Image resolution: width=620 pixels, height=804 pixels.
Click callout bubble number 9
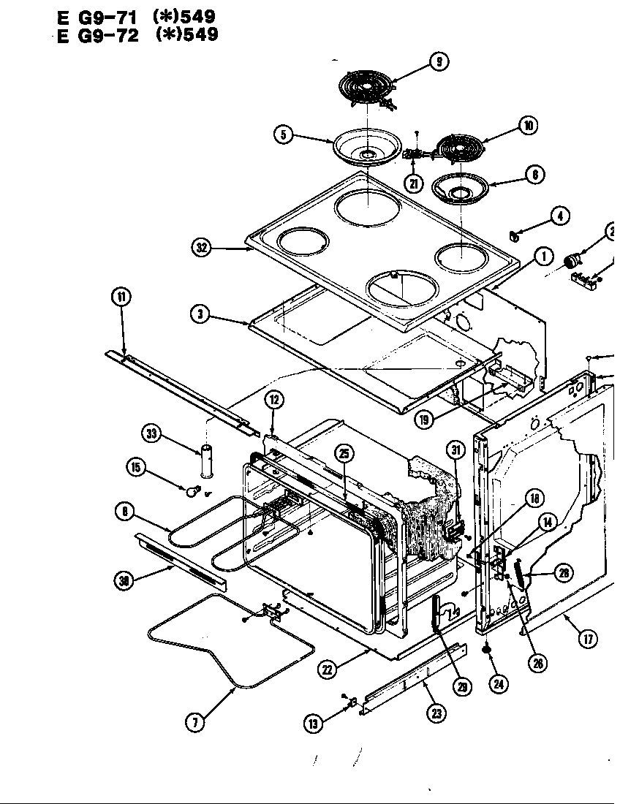click(438, 62)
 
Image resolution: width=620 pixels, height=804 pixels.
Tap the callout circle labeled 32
click(202, 249)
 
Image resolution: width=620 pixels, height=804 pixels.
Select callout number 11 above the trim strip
click(121, 297)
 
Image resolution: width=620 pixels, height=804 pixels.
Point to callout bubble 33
click(152, 433)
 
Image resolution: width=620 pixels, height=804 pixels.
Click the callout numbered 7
click(194, 723)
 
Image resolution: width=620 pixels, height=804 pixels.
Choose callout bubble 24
click(500, 684)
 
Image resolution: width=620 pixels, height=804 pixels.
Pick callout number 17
click(588, 637)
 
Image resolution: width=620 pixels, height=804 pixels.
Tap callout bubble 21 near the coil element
click(415, 182)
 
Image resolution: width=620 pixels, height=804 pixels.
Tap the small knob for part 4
click(515, 235)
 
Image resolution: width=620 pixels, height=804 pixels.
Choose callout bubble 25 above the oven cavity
click(344, 453)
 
